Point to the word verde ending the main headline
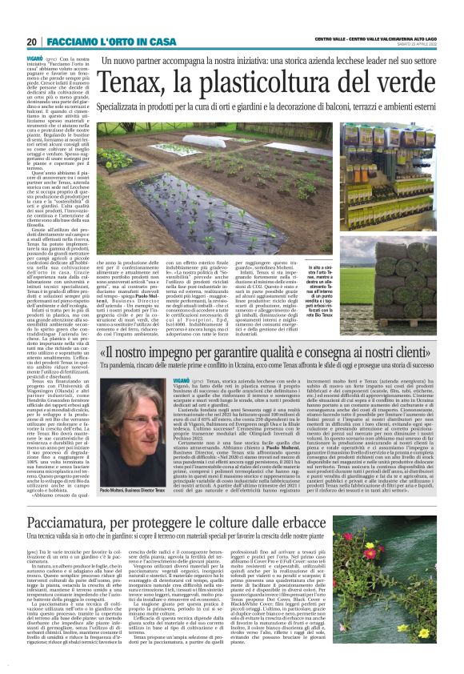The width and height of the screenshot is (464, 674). click(x=407, y=82)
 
